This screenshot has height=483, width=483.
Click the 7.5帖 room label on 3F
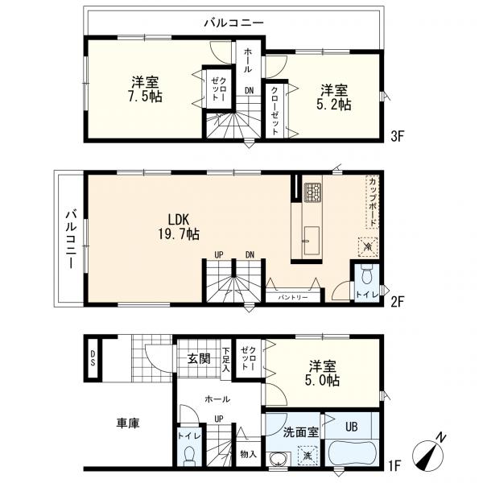[x=146, y=88]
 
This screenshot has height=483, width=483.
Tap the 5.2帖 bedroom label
[x=333, y=96]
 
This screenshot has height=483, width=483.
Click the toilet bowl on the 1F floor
[x=191, y=454]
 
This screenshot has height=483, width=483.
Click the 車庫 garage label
[x=127, y=423]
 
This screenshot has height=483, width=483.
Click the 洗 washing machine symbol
[x=308, y=456]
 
